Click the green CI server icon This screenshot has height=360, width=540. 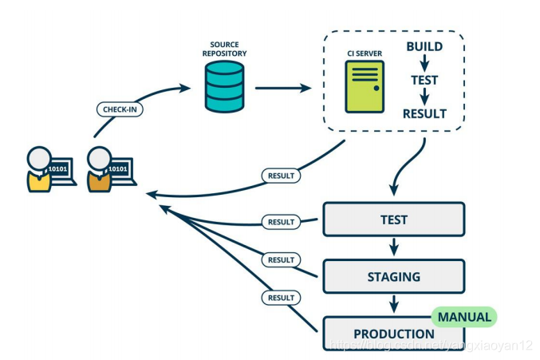pyautogui.click(x=363, y=86)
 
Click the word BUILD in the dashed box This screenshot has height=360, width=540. pyautogui.click(x=424, y=47)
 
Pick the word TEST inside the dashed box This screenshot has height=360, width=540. pyautogui.click(x=424, y=80)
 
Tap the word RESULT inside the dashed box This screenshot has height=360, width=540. pyautogui.click(x=424, y=113)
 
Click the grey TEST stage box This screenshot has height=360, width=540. pyautogui.click(x=393, y=220)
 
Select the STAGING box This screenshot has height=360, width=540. pyautogui.click(x=393, y=277)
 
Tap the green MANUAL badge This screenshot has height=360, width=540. pyautogui.click(x=463, y=317)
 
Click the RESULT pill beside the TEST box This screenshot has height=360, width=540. pyautogui.click(x=281, y=221)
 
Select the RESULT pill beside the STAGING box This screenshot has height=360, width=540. pyautogui.click(x=281, y=259)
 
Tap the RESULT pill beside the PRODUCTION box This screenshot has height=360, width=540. pyautogui.click(x=281, y=297)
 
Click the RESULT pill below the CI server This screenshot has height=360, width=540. pyautogui.click(x=281, y=175)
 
